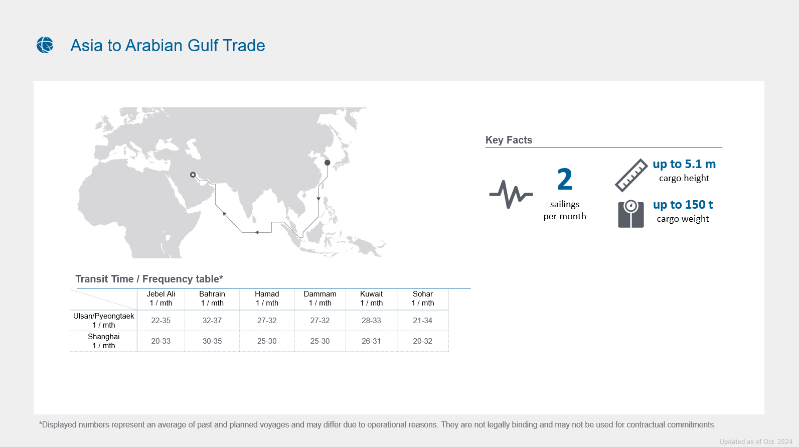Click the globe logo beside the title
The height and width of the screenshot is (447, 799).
[45, 45]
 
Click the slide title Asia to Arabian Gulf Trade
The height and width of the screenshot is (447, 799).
[168, 46]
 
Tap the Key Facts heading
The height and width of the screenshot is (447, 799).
[509, 140]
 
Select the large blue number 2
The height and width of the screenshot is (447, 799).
[565, 179]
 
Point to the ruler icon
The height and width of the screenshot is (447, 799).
[631, 175]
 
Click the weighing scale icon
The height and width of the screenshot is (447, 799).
[631, 214]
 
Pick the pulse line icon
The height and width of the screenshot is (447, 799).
[511, 194]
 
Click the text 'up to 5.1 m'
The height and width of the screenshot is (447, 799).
[684, 164]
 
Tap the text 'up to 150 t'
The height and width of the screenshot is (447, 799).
[683, 204]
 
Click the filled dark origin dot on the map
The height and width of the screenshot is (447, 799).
[327, 163]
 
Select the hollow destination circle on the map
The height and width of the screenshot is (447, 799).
[193, 175]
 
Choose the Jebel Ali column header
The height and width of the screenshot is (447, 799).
[161, 298]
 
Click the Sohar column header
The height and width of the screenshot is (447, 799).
[423, 298]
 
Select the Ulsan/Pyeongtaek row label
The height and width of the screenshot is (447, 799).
[103, 321]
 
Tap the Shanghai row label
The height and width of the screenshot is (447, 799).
[103, 341]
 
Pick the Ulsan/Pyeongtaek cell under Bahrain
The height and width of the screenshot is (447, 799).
[212, 321]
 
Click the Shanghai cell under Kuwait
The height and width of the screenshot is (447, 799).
[371, 341]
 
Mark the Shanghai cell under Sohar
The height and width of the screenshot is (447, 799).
[423, 341]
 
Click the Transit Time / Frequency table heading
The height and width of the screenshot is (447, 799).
[149, 279]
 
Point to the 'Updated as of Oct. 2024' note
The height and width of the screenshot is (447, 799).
[755, 441]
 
